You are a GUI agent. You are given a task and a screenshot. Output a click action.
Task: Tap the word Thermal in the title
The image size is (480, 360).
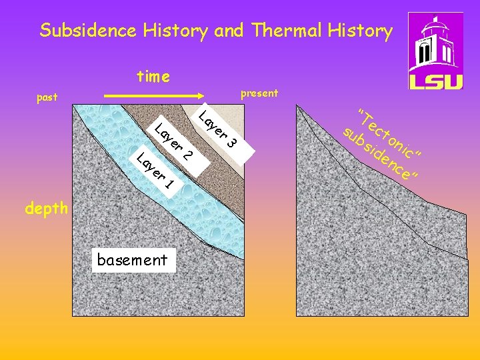tap(291, 31)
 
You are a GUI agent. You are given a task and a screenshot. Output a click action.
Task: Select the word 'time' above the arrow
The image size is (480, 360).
tap(153, 77)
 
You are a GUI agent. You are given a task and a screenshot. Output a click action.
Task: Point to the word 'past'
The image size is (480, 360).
tap(47, 97)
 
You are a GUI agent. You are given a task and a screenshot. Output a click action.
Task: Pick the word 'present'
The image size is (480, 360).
tap(259, 93)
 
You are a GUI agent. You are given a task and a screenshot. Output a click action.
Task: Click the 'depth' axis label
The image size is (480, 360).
tap(46, 209)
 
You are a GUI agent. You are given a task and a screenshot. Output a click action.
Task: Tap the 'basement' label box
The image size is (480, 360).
tap(132, 260)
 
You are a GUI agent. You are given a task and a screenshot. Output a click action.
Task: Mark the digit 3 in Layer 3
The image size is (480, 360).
tap(231, 141)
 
